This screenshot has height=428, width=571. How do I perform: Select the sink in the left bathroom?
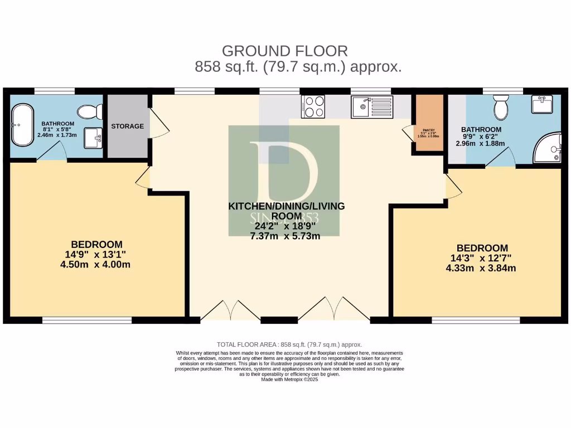click(93, 138)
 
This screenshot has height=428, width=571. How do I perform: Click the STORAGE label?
click(127, 126)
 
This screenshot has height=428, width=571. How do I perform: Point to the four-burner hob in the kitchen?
click(314, 106)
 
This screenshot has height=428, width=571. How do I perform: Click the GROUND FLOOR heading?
click(285, 51)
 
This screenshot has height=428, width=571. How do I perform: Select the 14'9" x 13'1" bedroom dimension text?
click(95, 254)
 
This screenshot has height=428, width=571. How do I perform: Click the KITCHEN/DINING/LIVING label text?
click(287, 206)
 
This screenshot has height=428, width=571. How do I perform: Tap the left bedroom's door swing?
click(142, 178)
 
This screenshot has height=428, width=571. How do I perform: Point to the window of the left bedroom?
click(87, 320)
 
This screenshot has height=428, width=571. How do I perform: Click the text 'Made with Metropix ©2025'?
click(289, 379)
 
